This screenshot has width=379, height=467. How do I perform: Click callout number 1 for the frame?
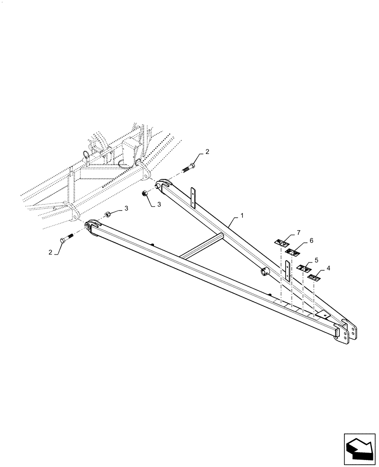tap(243, 216)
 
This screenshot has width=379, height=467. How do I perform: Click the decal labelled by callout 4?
tap(314, 278)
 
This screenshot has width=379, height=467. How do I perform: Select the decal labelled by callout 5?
tap(304, 269)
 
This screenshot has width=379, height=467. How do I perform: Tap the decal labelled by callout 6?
tap(293, 252)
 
